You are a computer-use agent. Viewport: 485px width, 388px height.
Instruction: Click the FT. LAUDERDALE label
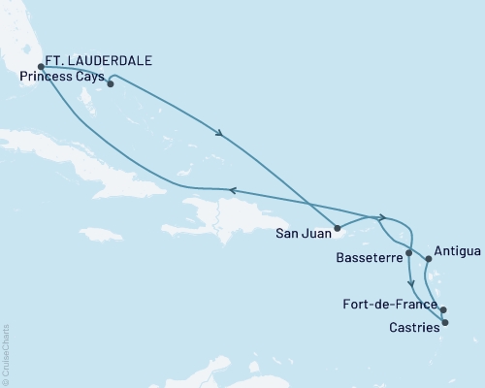(x=102, y=60)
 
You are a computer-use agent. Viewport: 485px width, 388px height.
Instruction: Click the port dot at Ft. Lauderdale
(x=41, y=68)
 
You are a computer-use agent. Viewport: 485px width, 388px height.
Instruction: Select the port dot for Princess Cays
(x=111, y=83)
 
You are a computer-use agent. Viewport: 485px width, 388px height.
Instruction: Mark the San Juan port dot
(x=338, y=230)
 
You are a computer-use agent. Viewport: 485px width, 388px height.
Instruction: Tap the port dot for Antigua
(x=428, y=259)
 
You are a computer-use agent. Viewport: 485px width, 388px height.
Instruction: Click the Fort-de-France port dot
(x=443, y=310)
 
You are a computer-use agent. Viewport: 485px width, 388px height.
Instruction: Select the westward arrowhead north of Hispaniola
(x=231, y=191)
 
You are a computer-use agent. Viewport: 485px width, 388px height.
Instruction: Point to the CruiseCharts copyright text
(x=6, y=353)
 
